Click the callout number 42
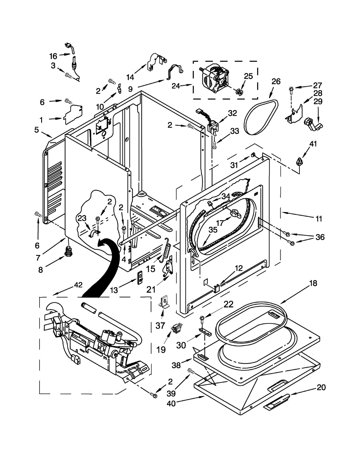[78, 285]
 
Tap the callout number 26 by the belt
[276, 82]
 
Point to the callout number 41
[313, 144]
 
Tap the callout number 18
[313, 283]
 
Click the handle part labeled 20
[277, 402]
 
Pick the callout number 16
[53, 56]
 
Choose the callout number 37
[160, 325]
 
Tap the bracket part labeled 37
[164, 301]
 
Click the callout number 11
[318, 219]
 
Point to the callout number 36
[320, 237]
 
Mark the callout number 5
[36, 130]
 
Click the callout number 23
[82, 218]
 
